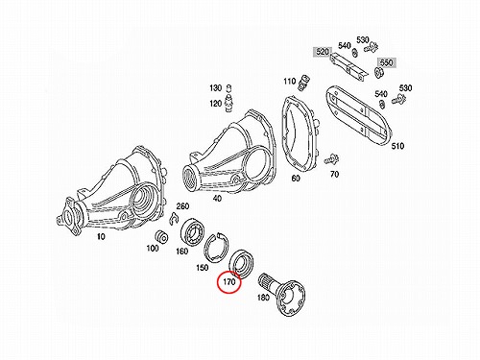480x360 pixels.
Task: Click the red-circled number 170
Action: [x=229, y=282]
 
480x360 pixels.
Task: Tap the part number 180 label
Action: [x=263, y=298]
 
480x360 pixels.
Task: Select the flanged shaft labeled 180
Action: [x=280, y=293]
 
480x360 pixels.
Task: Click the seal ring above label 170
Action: [x=241, y=263]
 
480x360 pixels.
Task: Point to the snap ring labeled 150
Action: [x=216, y=246]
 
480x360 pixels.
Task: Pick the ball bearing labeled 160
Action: [x=193, y=232]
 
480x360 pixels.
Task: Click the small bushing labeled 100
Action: [x=161, y=237]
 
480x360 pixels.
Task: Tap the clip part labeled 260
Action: [x=174, y=218]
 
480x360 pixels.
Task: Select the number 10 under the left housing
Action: [x=101, y=237]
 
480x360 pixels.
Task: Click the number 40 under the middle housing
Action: [x=217, y=199]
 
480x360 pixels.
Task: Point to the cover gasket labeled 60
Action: [x=300, y=134]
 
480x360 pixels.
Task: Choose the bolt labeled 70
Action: [x=332, y=159]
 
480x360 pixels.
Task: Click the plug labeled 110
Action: [x=303, y=83]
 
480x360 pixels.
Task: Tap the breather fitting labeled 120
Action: [x=228, y=103]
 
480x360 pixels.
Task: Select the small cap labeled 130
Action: [x=228, y=88]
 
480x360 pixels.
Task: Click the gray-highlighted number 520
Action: [x=323, y=52]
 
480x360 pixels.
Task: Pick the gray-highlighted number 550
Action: [x=387, y=62]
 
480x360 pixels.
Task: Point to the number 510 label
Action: [x=397, y=146]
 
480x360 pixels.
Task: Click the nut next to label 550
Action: [x=378, y=72]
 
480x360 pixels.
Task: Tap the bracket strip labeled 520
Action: [x=348, y=66]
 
